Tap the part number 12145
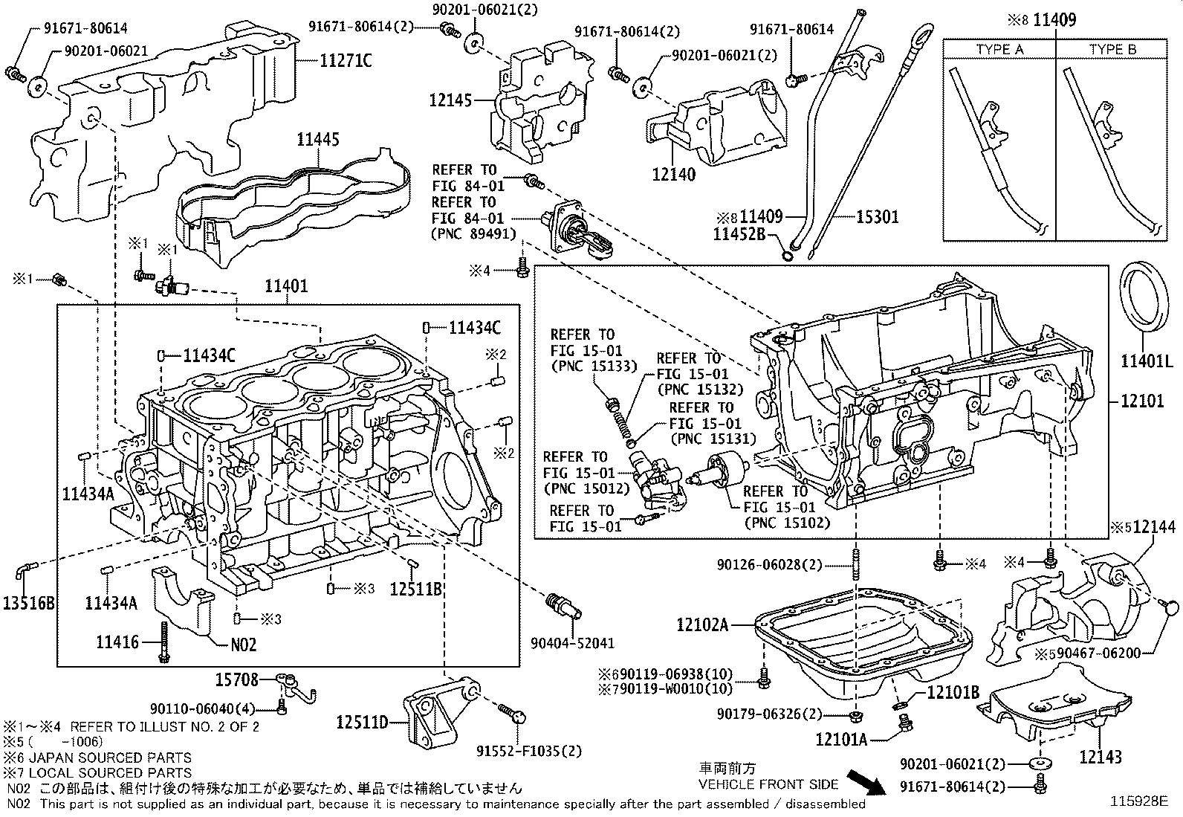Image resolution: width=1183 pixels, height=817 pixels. (x=450, y=99)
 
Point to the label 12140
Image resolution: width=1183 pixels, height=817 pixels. (x=673, y=175)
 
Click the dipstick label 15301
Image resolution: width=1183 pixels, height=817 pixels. (x=877, y=217)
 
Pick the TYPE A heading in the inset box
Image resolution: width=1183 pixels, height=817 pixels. (x=999, y=50)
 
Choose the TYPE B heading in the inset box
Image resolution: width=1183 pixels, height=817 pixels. (x=1112, y=50)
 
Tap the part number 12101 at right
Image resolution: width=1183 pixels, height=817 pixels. (x=1142, y=401)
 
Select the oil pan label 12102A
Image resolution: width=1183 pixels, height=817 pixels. (x=702, y=624)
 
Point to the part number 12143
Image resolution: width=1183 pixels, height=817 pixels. (x=1100, y=757)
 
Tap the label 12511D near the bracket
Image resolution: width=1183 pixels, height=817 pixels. (x=363, y=721)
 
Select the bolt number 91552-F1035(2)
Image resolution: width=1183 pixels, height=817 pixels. (x=529, y=751)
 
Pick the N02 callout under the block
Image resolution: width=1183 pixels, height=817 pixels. (x=243, y=645)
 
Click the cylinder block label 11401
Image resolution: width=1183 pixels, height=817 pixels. (x=286, y=286)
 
